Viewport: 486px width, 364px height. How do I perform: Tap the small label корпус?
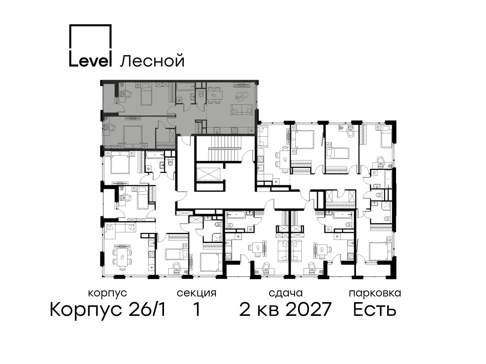tap(107, 294)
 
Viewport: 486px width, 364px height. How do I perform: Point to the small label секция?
tap(196, 294)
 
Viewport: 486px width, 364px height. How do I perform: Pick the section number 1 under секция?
tap(196, 309)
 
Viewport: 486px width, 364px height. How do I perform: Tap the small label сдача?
tap(286, 293)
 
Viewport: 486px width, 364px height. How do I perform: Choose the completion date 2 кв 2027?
tap(285, 309)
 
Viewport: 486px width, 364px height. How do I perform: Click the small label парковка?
tap(375, 294)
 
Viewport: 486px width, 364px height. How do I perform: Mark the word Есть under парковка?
tap(374, 309)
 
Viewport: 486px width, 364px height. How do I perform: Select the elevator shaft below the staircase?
tap(208, 175)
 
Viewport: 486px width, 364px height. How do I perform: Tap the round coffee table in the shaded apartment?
tap(240, 96)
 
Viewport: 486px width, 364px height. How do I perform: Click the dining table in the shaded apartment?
tap(214, 95)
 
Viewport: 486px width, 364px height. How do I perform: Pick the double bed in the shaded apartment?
tap(132, 137)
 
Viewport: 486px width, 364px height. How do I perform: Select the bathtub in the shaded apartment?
tap(186, 87)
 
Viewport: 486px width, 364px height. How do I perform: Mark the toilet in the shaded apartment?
tap(201, 94)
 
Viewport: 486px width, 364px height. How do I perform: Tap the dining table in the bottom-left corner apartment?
tap(122, 256)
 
